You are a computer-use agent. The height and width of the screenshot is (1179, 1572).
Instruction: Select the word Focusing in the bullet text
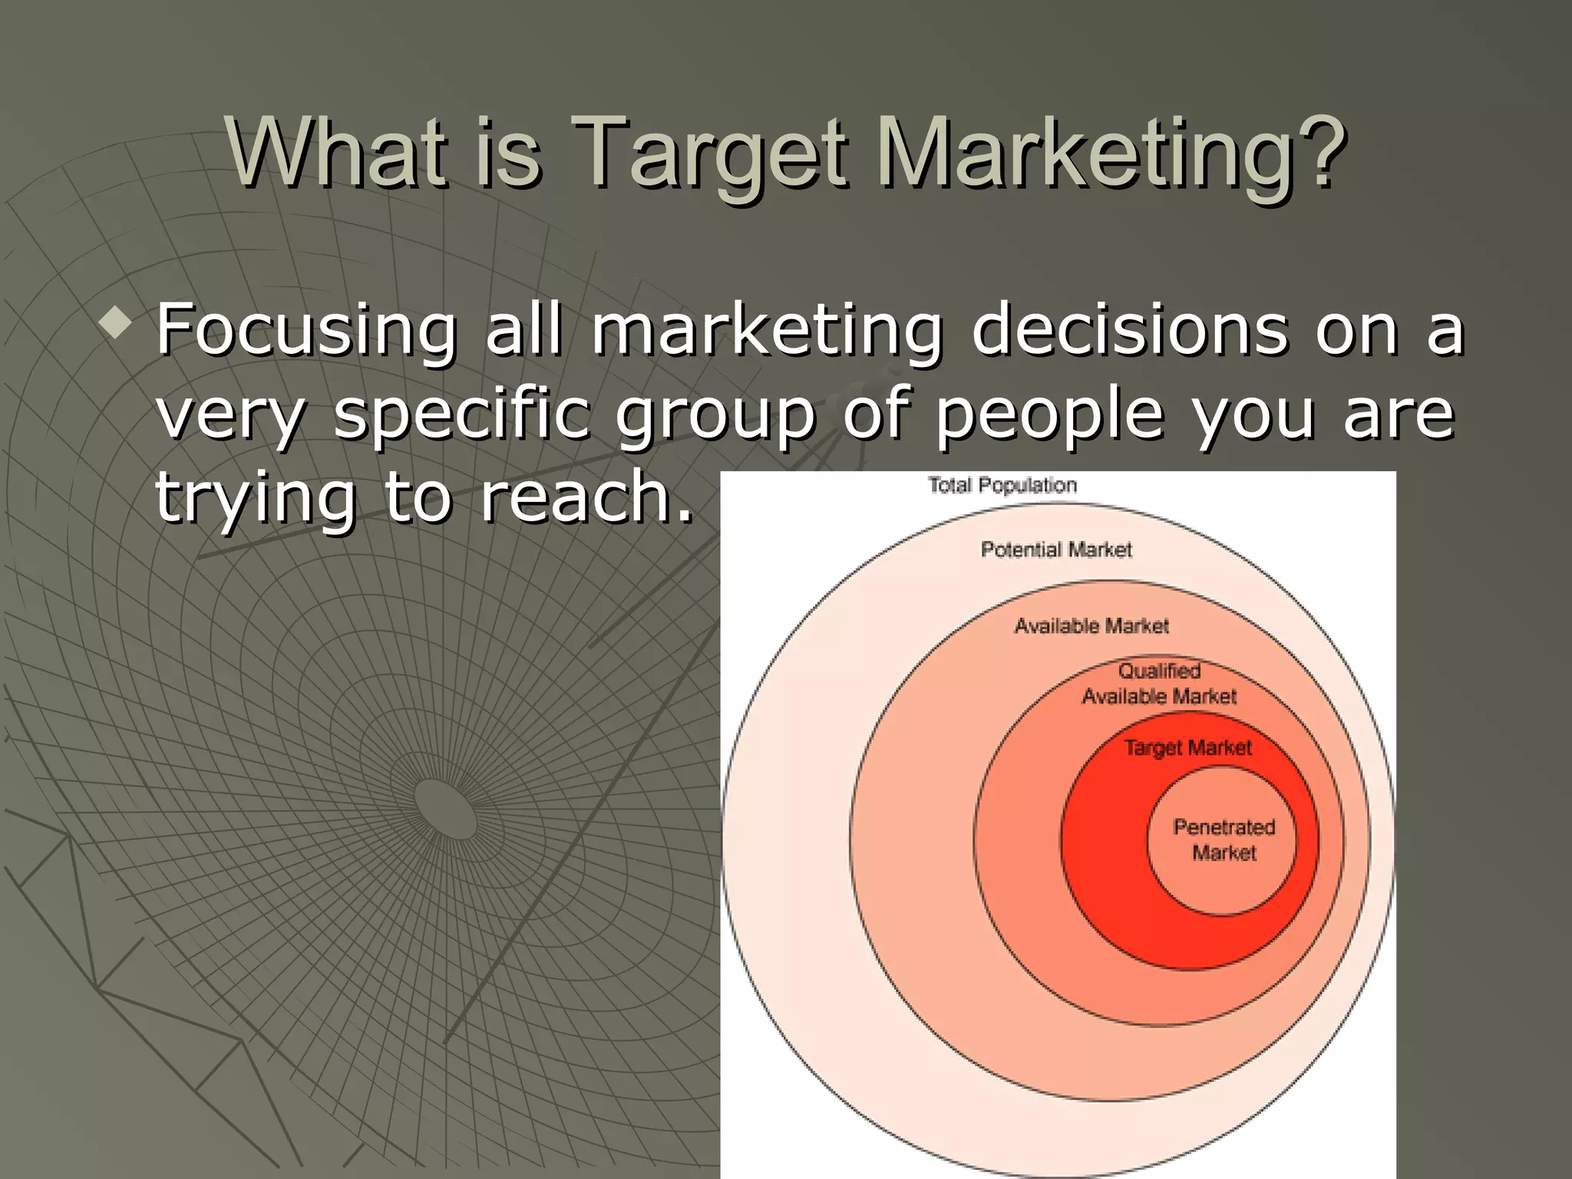coord(305,332)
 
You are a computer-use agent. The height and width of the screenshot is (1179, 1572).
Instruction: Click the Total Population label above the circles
coord(1002,485)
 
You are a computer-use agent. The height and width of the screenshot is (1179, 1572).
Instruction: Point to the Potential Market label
coord(1056,550)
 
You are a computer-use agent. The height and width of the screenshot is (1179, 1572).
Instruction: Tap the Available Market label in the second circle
coord(1091,626)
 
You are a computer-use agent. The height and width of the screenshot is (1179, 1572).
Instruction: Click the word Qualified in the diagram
coord(1159,671)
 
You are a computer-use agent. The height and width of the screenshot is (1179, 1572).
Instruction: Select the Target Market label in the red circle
coord(1187,748)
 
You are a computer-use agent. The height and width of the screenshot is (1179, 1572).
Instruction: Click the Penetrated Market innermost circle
coord(1224,840)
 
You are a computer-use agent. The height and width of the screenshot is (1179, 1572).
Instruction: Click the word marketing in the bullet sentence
coord(766,332)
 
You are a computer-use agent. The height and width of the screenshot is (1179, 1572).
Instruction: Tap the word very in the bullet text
coord(230,416)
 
